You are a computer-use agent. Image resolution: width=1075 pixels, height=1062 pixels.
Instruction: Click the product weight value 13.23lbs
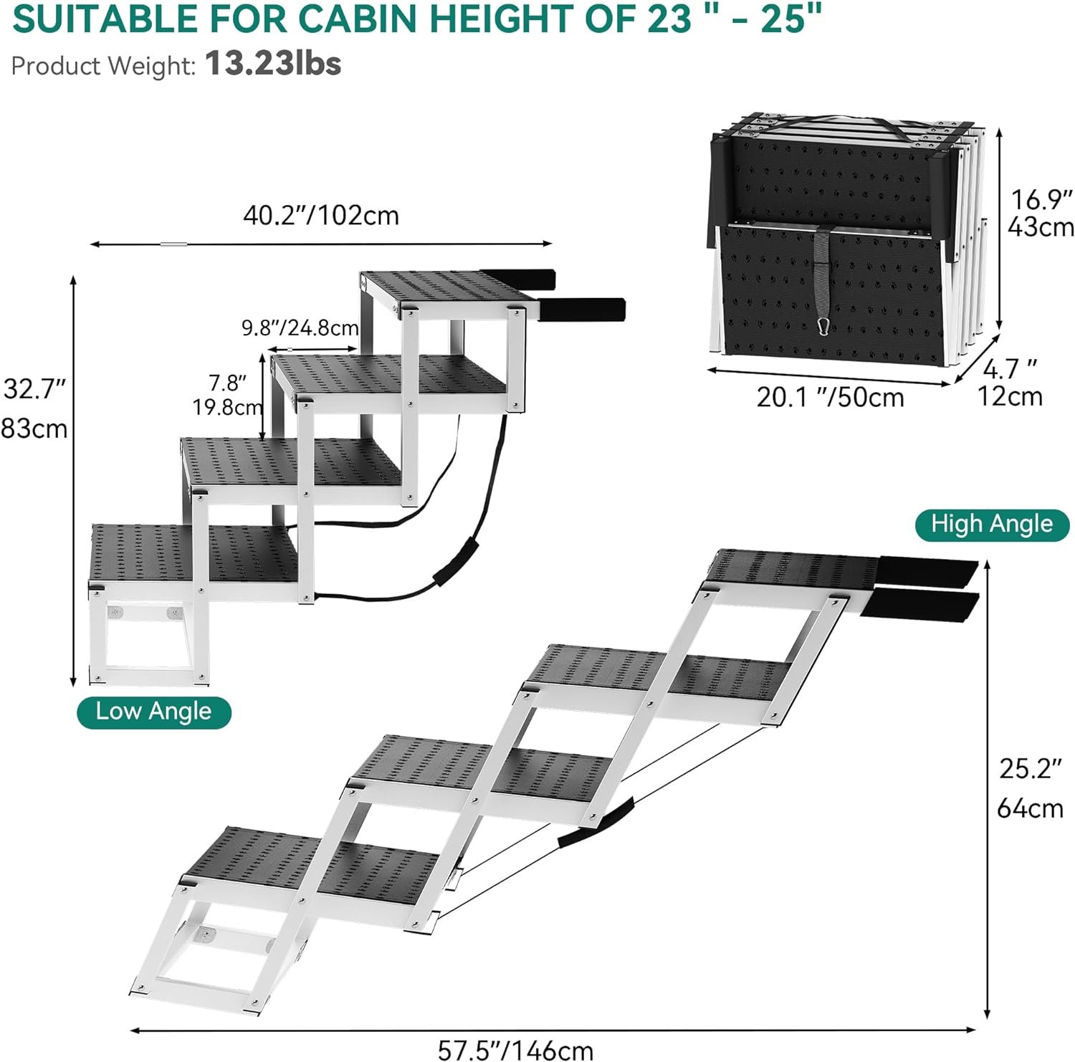[x=273, y=64]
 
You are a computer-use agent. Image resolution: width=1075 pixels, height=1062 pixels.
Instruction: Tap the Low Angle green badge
[x=154, y=712]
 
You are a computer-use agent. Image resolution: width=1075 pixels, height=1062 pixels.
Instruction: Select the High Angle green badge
[x=992, y=525]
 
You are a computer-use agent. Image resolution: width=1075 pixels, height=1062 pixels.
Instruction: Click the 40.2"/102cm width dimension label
[x=321, y=216]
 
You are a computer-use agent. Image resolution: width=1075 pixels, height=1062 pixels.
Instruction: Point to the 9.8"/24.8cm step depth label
[x=300, y=328]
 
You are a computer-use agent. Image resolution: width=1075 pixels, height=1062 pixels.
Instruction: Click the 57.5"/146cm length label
[x=516, y=1050]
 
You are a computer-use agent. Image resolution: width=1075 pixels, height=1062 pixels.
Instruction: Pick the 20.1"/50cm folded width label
[x=831, y=397]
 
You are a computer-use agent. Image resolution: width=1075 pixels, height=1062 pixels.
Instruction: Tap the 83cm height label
[x=34, y=429]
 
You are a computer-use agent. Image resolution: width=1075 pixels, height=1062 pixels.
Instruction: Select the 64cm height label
[x=1031, y=808]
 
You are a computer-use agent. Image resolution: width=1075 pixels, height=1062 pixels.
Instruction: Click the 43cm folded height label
[x=1041, y=227]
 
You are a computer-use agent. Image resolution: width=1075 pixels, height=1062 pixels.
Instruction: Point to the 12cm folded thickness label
[x=1010, y=396]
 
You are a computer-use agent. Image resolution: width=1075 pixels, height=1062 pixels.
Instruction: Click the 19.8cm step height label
[x=227, y=407]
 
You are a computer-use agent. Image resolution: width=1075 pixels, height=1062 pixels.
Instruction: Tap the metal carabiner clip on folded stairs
[x=824, y=327]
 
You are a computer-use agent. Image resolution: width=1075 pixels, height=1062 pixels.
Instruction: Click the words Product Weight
[x=102, y=66]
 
